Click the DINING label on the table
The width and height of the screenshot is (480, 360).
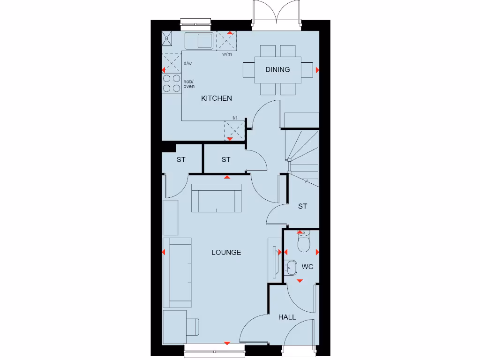277,69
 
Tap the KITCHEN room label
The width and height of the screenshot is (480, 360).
217,98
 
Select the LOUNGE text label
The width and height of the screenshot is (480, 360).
226,252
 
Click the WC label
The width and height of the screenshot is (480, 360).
307,267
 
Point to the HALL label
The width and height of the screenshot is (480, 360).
287,317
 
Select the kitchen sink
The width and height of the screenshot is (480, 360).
199,41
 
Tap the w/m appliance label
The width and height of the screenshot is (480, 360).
227,54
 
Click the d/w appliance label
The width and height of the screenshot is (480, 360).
187,64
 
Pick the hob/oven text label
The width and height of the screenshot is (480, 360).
189,84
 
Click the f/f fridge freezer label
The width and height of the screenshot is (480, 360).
235,118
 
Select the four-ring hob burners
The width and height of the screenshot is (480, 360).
172,83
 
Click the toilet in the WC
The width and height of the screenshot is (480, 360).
303,242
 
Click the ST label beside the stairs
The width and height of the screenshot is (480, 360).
302,206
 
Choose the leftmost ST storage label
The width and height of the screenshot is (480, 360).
181,160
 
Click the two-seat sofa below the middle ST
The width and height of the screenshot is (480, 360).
217,198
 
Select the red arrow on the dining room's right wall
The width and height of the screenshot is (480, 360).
317,70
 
